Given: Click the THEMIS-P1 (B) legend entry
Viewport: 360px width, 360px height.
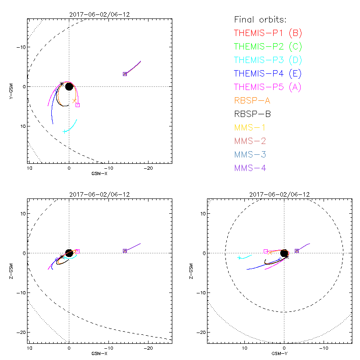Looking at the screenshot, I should point(268,33).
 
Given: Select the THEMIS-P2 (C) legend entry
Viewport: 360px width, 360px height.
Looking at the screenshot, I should point(268,46).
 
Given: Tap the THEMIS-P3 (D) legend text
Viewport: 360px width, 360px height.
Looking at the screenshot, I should point(268,60).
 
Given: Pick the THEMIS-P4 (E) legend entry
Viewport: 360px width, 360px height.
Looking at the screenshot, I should point(268,73).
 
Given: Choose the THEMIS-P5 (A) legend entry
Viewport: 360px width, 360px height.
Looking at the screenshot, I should point(268,87).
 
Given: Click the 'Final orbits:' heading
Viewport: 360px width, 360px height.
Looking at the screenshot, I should point(260,19).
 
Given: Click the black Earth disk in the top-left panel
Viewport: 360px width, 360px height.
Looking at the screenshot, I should point(69,86).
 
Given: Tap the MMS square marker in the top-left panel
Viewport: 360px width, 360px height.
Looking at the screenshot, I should point(125,74).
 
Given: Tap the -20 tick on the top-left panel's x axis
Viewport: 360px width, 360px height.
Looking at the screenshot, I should point(148,168).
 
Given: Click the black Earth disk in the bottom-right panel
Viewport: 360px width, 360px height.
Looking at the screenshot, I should point(284,253).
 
